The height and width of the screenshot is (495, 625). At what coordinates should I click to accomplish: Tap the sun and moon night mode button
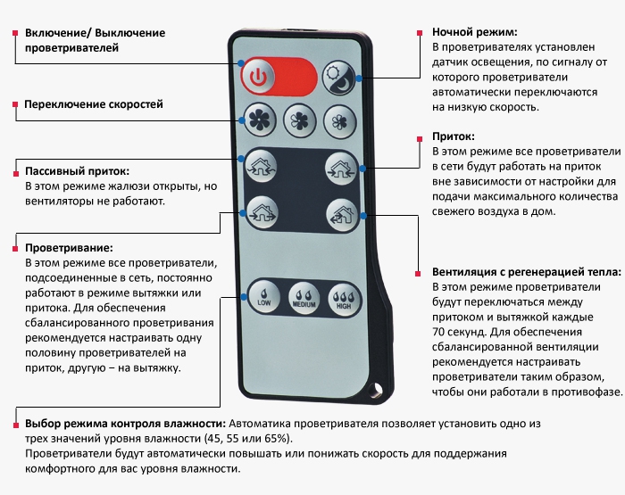pyautogui.click(x=338, y=78)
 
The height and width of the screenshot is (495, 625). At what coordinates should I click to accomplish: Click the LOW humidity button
pyautogui.click(x=263, y=298)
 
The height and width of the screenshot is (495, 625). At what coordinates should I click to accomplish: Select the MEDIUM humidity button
pyautogui.click(x=304, y=299)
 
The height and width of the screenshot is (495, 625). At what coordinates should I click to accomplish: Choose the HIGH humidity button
pyautogui.click(x=344, y=301)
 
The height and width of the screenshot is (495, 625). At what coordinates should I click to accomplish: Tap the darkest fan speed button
pyautogui.click(x=260, y=120)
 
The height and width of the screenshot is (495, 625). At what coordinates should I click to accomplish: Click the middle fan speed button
pyautogui.click(x=300, y=121)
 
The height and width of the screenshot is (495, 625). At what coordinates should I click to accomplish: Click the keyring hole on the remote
pyautogui.click(x=375, y=390)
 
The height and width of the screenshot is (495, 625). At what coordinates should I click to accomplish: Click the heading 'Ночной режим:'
pyautogui.click(x=475, y=32)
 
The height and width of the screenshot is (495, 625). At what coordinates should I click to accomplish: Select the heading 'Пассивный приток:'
pyautogui.click(x=78, y=171)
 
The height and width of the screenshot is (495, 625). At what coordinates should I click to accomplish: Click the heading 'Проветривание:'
pyautogui.click(x=69, y=248)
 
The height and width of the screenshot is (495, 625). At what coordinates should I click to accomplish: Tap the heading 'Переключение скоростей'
pyautogui.click(x=94, y=104)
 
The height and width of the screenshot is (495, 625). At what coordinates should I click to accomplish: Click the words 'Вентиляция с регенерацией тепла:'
pyautogui.click(x=527, y=272)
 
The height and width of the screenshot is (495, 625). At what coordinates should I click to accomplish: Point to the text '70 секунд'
pyautogui.click(x=458, y=332)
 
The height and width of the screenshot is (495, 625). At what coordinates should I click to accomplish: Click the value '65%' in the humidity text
pyautogui.click(x=275, y=439)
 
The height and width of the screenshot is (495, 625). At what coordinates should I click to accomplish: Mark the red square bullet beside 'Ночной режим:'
pyautogui.click(x=420, y=33)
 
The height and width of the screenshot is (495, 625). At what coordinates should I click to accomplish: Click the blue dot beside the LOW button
pyautogui.click(x=244, y=297)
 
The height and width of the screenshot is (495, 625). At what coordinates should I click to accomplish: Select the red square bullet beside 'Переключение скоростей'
pyautogui.click(x=15, y=104)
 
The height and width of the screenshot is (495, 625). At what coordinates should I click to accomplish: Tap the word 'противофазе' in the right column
pyautogui.click(x=586, y=392)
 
